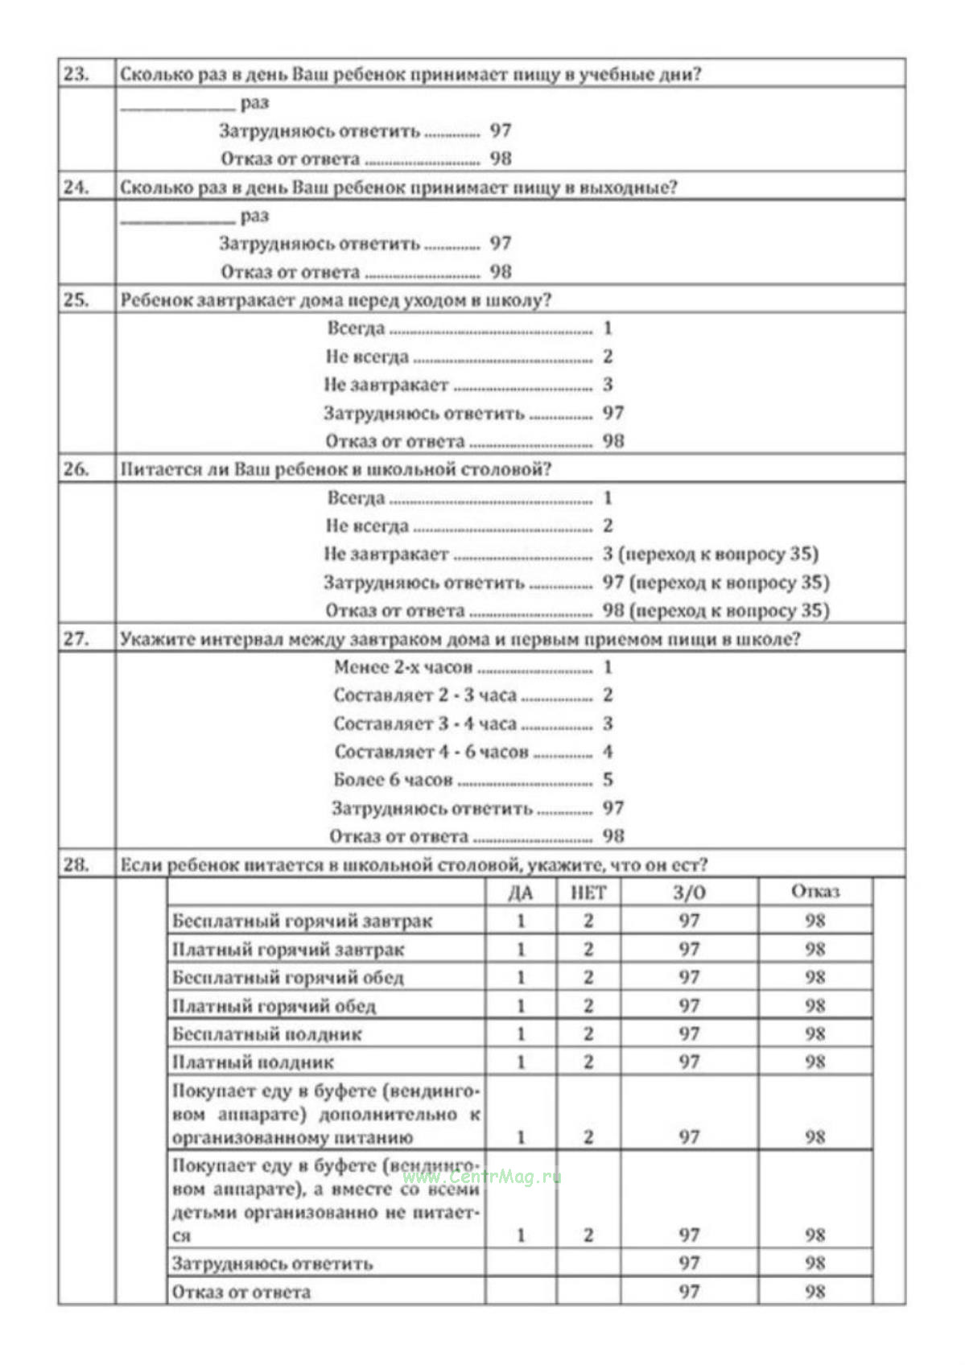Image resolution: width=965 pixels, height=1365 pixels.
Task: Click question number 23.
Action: pyautogui.click(x=76, y=74)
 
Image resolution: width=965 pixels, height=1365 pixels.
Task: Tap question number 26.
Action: pyautogui.click(x=76, y=469)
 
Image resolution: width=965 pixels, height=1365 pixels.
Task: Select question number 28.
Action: pyautogui.click(x=76, y=864)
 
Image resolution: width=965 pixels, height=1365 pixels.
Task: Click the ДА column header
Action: pyautogui.click(x=521, y=893)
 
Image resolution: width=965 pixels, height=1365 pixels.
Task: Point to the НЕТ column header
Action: pyautogui.click(x=588, y=893)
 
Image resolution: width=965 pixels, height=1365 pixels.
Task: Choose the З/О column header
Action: pyautogui.click(x=689, y=893)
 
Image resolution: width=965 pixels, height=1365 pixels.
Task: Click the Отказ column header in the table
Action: pyautogui.click(x=814, y=892)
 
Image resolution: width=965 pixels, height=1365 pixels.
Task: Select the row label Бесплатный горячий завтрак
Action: pyautogui.click(x=302, y=921)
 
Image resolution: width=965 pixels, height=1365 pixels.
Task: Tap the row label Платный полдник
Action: pyautogui.click(x=253, y=1062)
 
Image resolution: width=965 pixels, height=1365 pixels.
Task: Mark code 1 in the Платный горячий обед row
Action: pyautogui.click(x=521, y=1006)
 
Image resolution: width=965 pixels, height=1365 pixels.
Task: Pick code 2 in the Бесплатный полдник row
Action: pyautogui.click(x=588, y=1034)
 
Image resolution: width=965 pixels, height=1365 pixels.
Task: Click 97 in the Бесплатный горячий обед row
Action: pyautogui.click(x=689, y=977)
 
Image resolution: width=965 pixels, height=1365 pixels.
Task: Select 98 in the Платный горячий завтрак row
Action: pyautogui.click(x=814, y=950)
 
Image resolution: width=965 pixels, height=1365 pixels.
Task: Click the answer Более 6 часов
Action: pyautogui.click(x=393, y=780)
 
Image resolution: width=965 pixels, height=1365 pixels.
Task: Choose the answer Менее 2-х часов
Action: pyautogui.click(x=402, y=667)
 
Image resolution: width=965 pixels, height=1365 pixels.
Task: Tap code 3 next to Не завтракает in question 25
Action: pyautogui.click(x=608, y=385)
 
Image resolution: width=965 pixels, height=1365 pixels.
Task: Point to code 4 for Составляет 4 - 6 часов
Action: pyautogui.click(x=608, y=752)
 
